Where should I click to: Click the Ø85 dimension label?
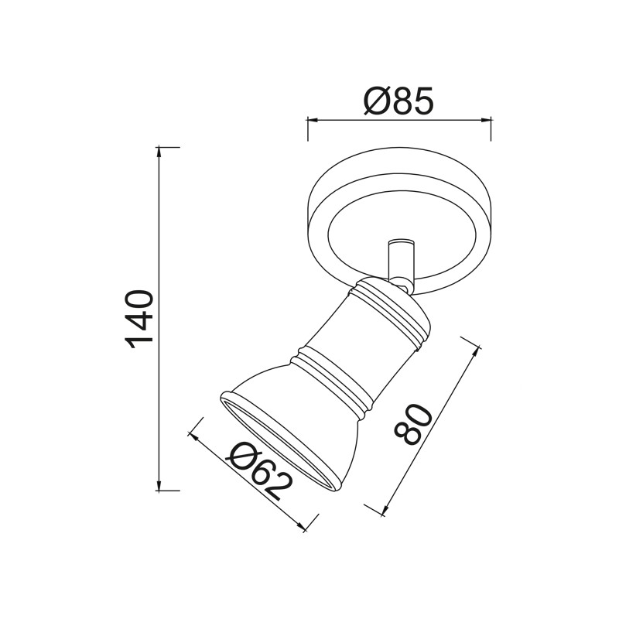tap(399, 101)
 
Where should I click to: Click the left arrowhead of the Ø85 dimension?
tap(312, 120)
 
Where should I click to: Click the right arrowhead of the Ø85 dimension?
tap(487, 120)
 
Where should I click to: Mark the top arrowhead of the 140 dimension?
tap(159, 151)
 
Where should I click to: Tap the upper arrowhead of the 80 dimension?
tap(477, 350)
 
